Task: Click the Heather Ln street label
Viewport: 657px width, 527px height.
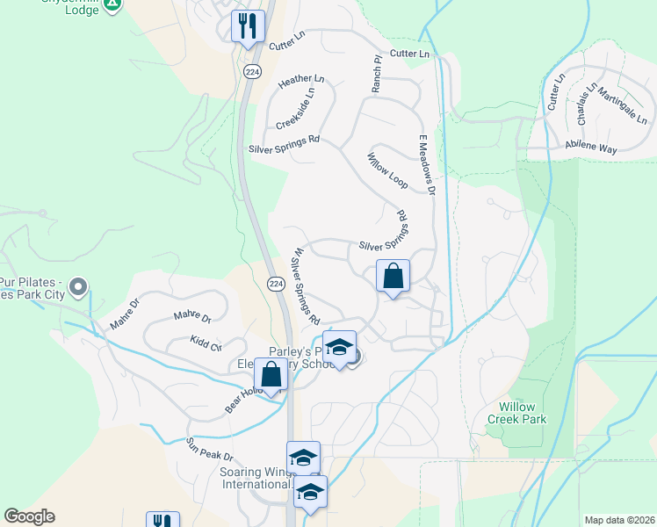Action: click(x=301, y=80)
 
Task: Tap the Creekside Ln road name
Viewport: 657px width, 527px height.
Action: click(x=295, y=108)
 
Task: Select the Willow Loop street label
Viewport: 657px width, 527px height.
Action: click(x=387, y=171)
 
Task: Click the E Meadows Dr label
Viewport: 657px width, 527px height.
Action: click(x=427, y=164)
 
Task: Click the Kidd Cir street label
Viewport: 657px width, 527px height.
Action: click(x=206, y=343)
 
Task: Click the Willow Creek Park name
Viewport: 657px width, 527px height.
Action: click(x=523, y=413)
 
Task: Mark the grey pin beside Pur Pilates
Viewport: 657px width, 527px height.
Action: click(x=78, y=286)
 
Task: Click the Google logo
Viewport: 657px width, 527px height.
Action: click(x=29, y=516)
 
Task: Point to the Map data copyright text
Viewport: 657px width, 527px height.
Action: click(x=618, y=520)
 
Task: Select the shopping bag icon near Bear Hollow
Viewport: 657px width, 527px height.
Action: click(x=271, y=374)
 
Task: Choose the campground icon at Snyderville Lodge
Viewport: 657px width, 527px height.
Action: click(x=112, y=5)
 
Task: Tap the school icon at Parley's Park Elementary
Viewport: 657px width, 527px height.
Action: click(x=339, y=346)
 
